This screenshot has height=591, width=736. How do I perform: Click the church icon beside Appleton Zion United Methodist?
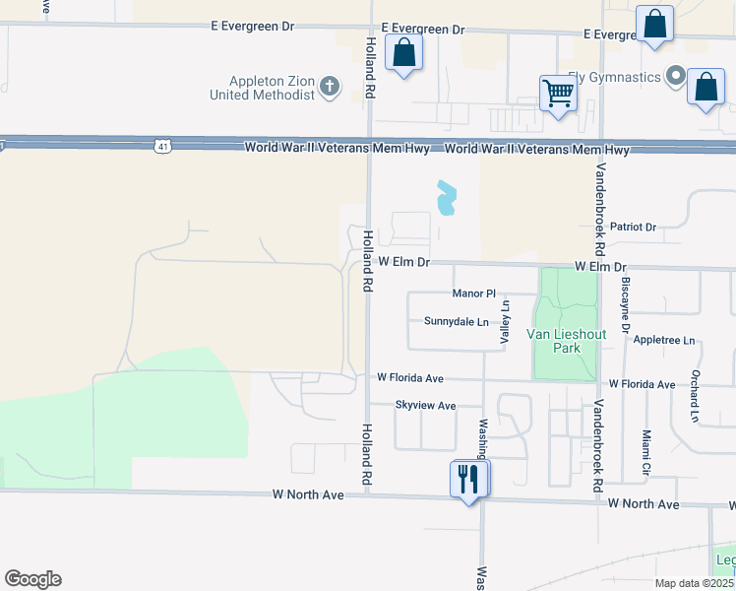330,88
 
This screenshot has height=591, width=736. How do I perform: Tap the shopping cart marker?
558,94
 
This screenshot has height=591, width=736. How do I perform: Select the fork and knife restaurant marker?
468,479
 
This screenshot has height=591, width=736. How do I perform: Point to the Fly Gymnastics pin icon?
675,75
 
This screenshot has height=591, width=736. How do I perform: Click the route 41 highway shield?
160,147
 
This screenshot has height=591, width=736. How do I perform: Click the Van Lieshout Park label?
566,341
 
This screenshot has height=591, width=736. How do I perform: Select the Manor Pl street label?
474,294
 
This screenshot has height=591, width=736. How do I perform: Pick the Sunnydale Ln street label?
457,321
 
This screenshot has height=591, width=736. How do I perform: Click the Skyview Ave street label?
425,405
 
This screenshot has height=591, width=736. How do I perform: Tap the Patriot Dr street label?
633,227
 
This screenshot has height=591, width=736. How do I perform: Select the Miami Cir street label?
646,450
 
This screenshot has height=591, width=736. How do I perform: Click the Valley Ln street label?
506,321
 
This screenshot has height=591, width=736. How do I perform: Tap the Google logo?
32,579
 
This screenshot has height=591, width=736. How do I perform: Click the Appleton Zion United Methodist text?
263,88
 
